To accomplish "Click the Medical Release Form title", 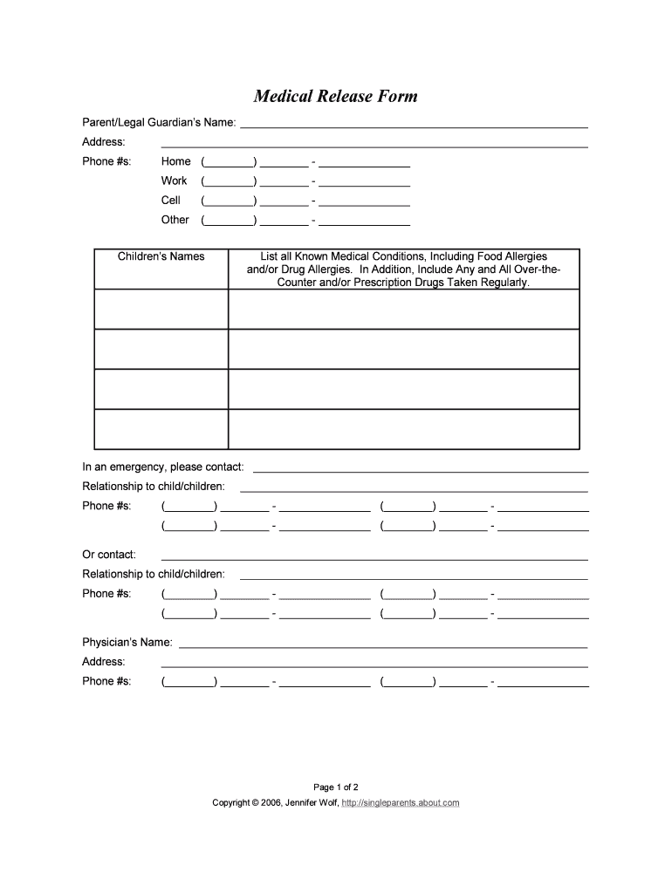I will click(x=335, y=96).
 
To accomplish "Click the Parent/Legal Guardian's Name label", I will click(x=159, y=122).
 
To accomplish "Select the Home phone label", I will click(x=175, y=161).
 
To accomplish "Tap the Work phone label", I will click(x=174, y=181).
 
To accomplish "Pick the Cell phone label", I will click(x=171, y=201).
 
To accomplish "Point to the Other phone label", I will click(x=175, y=220).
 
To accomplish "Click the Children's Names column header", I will click(x=161, y=256).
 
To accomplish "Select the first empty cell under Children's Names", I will click(x=161, y=309).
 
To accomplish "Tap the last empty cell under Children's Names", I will click(x=161, y=429).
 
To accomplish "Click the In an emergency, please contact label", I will click(x=163, y=467).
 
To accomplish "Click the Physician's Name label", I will click(x=127, y=643).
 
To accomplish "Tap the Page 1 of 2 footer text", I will click(x=336, y=786).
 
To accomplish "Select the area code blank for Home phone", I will click(x=229, y=162).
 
